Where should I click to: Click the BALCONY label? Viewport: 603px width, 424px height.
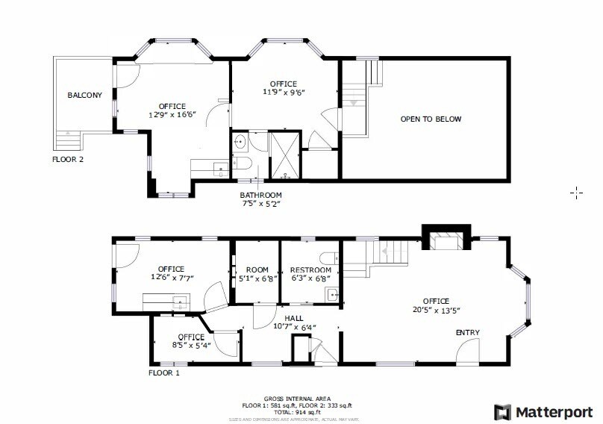pos(84,96)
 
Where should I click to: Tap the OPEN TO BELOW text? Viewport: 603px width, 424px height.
pos(431,119)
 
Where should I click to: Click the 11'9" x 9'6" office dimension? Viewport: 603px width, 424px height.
pos(284,93)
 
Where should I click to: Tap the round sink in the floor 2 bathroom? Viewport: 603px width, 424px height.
pos(241,142)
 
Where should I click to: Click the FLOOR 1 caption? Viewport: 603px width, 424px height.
pos(163,372)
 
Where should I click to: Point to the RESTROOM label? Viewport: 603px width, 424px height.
pos(310,270)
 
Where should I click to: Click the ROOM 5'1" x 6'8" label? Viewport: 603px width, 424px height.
pos(257,274)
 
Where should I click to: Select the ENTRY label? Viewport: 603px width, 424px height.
pos(468,333)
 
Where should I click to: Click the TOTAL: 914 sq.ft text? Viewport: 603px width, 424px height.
pos(297,411)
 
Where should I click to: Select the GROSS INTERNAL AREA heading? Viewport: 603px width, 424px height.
pos(297,399)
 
